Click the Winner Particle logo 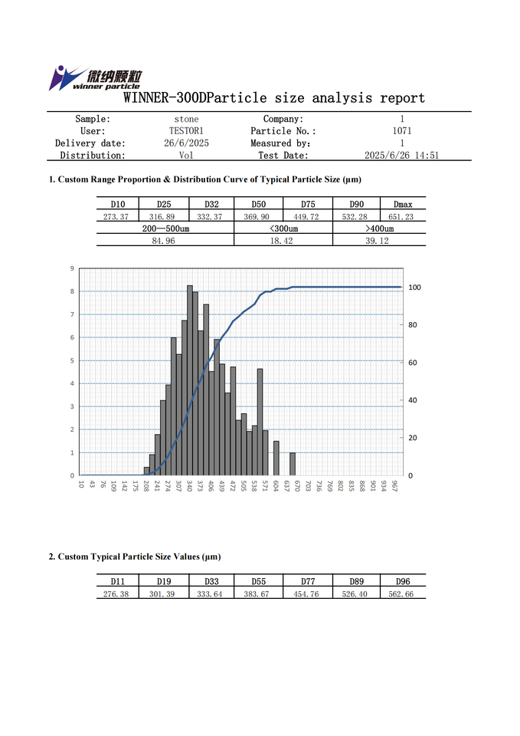click(x=95, y=78)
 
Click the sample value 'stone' click(x=186, y=119)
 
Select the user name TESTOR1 click(x=186, y=131)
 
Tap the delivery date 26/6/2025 click(x=186, y=143)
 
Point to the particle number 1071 click(x=401, y=131)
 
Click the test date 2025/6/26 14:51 click(x=401, y=156)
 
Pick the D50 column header click(x=258, y=204)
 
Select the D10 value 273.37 click(x=118, y=216)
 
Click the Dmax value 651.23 click(x=402, y=216)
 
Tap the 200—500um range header click(x=165, y=228)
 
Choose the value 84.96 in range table click(x=165, y=241)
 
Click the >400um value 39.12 click(x=379, y=241)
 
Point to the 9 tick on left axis click(x=72, y=268)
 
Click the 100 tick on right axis click(x=415, y=287)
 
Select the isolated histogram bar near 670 click(x=293, y=464)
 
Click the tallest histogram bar click(x=190, y=380)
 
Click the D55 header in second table click(x=258, y=582)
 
